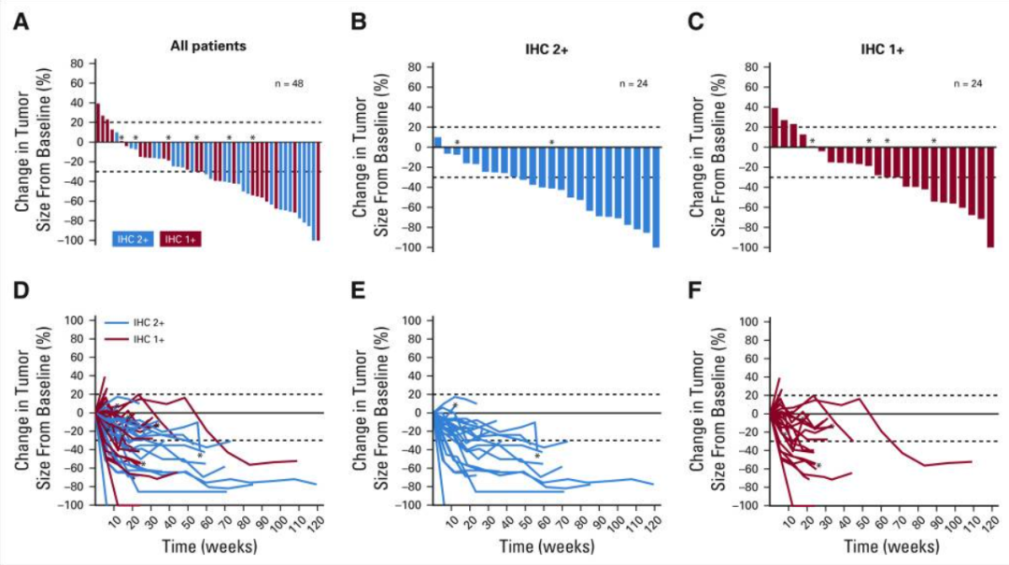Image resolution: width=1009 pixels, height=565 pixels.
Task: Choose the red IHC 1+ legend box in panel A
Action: [x=181, y=239]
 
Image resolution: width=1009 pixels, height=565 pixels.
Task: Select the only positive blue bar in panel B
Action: [x=437, y=143]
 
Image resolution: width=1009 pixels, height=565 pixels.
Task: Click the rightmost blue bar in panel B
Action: [x=656, y=197]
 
